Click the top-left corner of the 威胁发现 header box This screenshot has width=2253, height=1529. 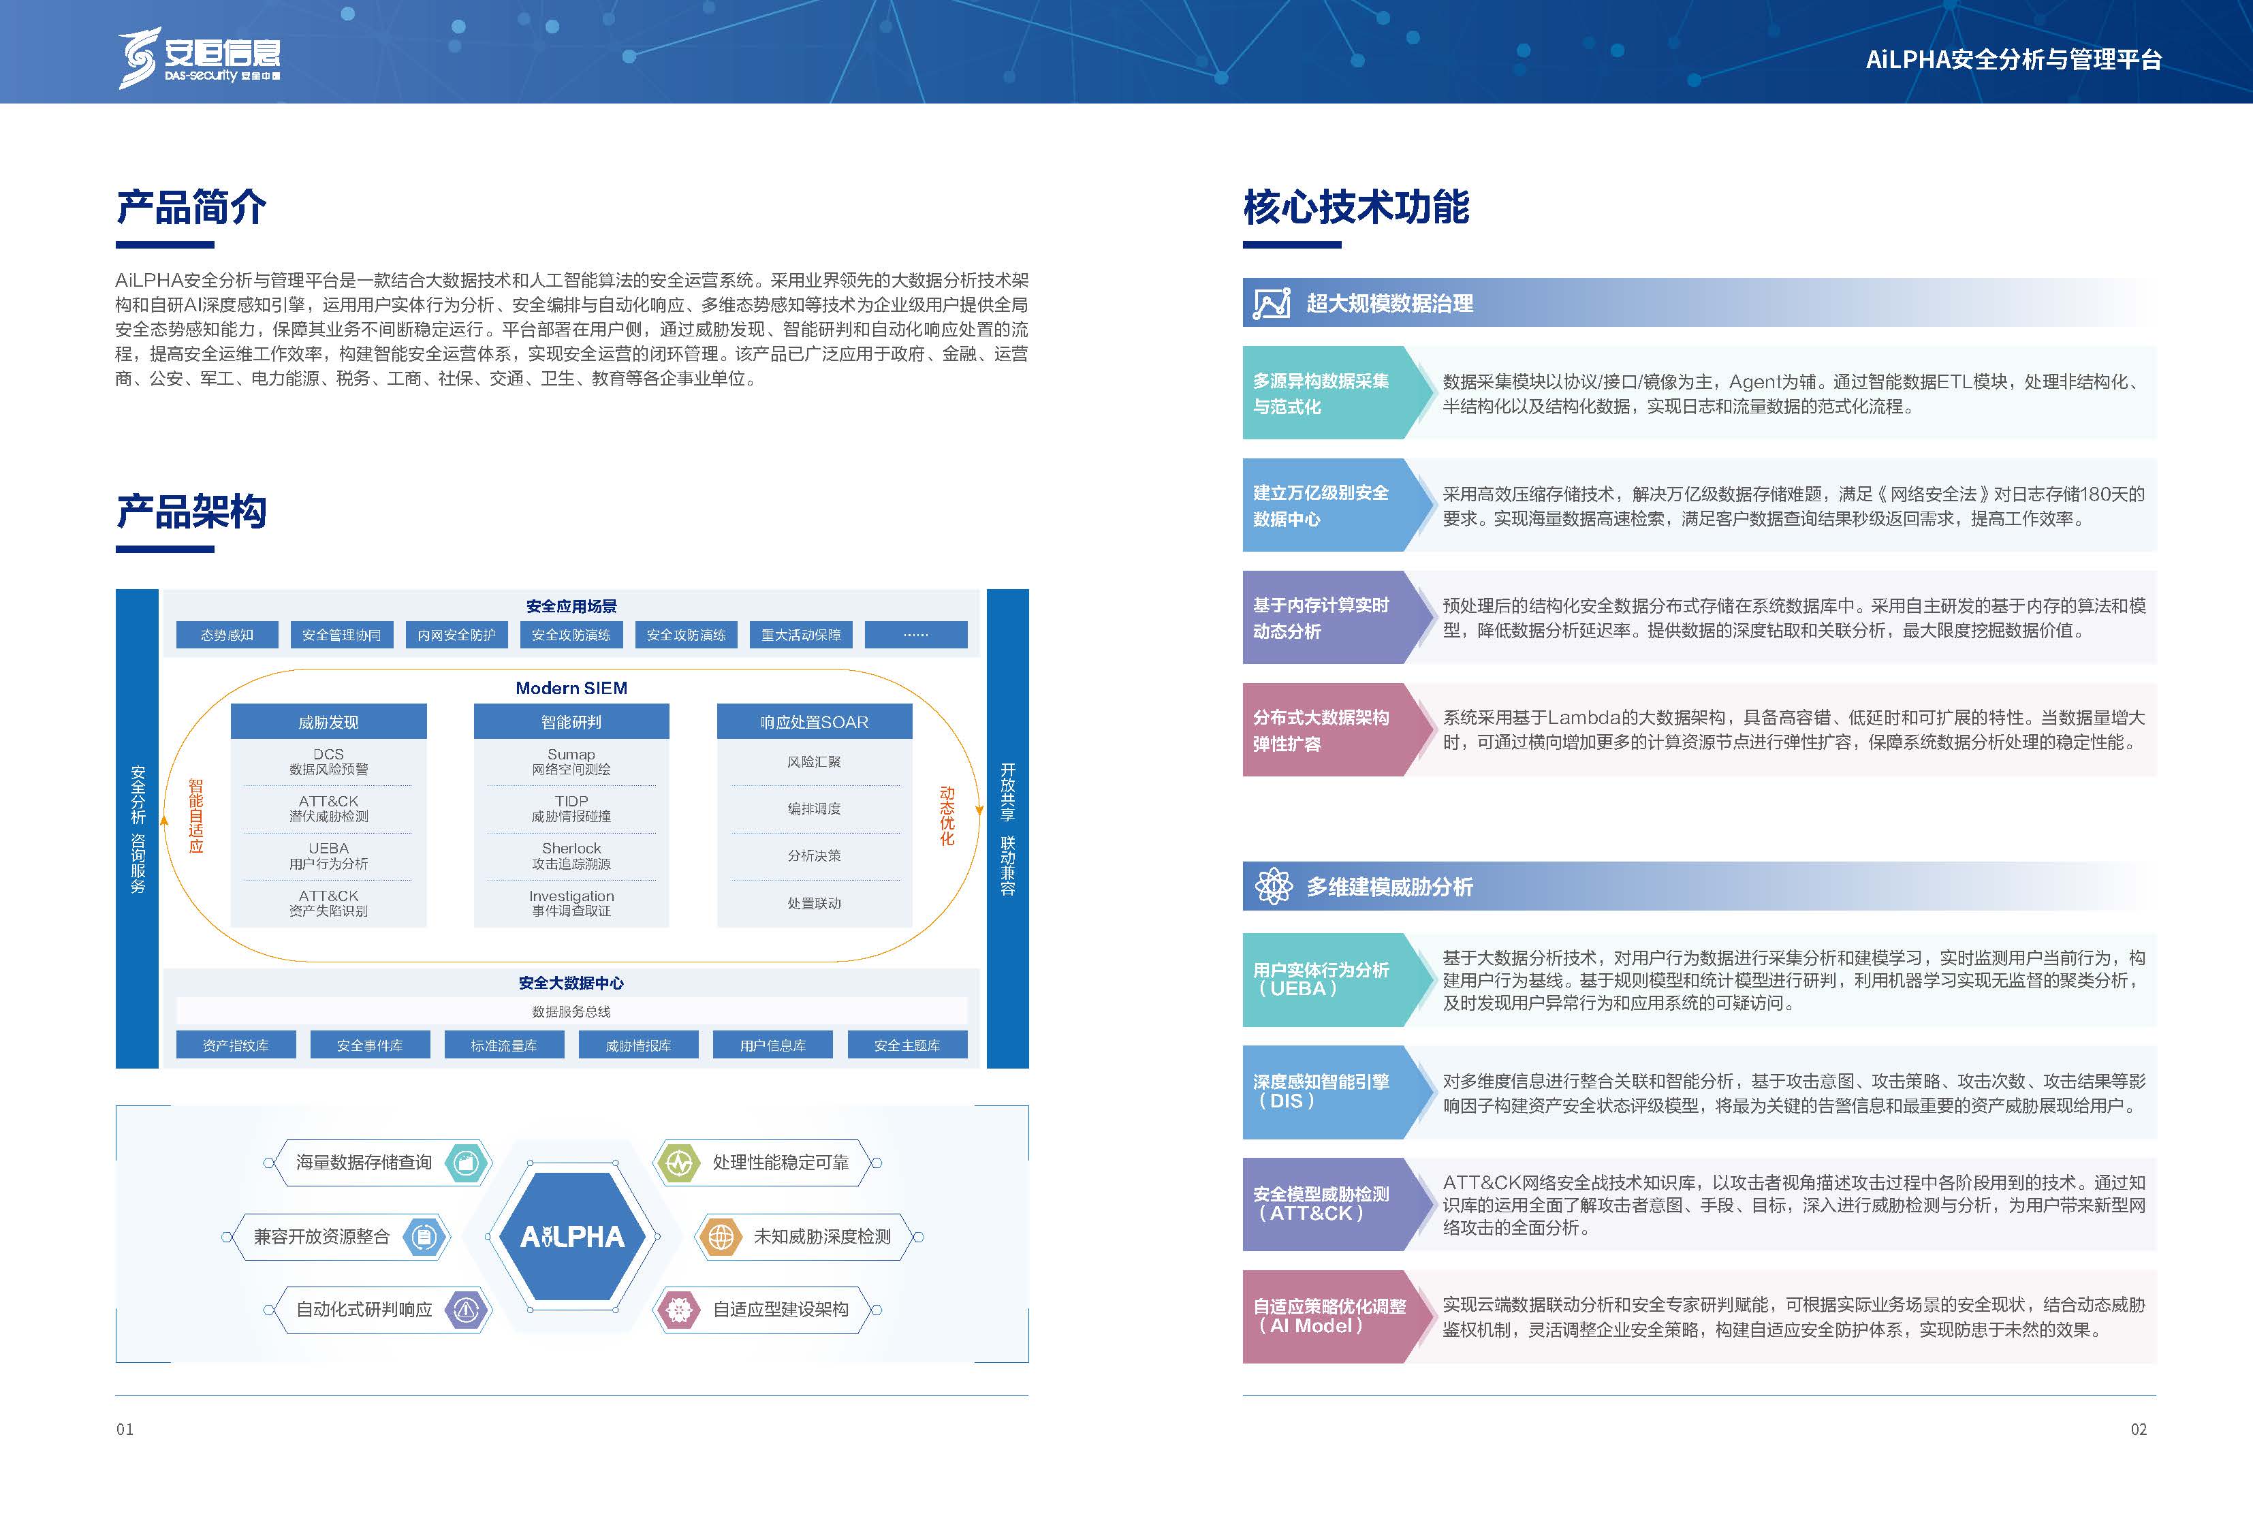pos(231,704)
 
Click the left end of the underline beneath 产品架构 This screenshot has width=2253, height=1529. pos(116,549)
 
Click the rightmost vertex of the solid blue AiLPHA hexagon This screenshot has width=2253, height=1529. pos(646,1236)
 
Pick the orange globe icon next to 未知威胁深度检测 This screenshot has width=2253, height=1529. pos(721,1236)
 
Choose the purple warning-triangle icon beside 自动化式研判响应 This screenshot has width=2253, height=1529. pos(467,1310)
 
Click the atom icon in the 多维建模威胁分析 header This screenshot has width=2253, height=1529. pos(1273,886)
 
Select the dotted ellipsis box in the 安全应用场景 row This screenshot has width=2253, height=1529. pos(916,635)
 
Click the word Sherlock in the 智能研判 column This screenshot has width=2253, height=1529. pos(571,849)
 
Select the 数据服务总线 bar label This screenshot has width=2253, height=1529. pos(571,1011)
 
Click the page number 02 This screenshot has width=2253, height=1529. pos(2138,1429)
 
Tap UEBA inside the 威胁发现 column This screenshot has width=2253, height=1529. pos(329,849)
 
